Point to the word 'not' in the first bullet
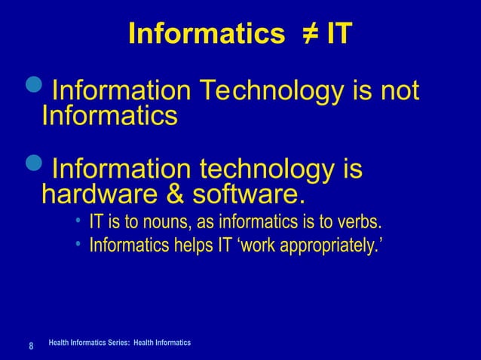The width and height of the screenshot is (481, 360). (398, 92)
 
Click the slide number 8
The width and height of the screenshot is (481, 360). (31, 346)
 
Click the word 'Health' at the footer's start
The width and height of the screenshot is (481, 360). (58, 343)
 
